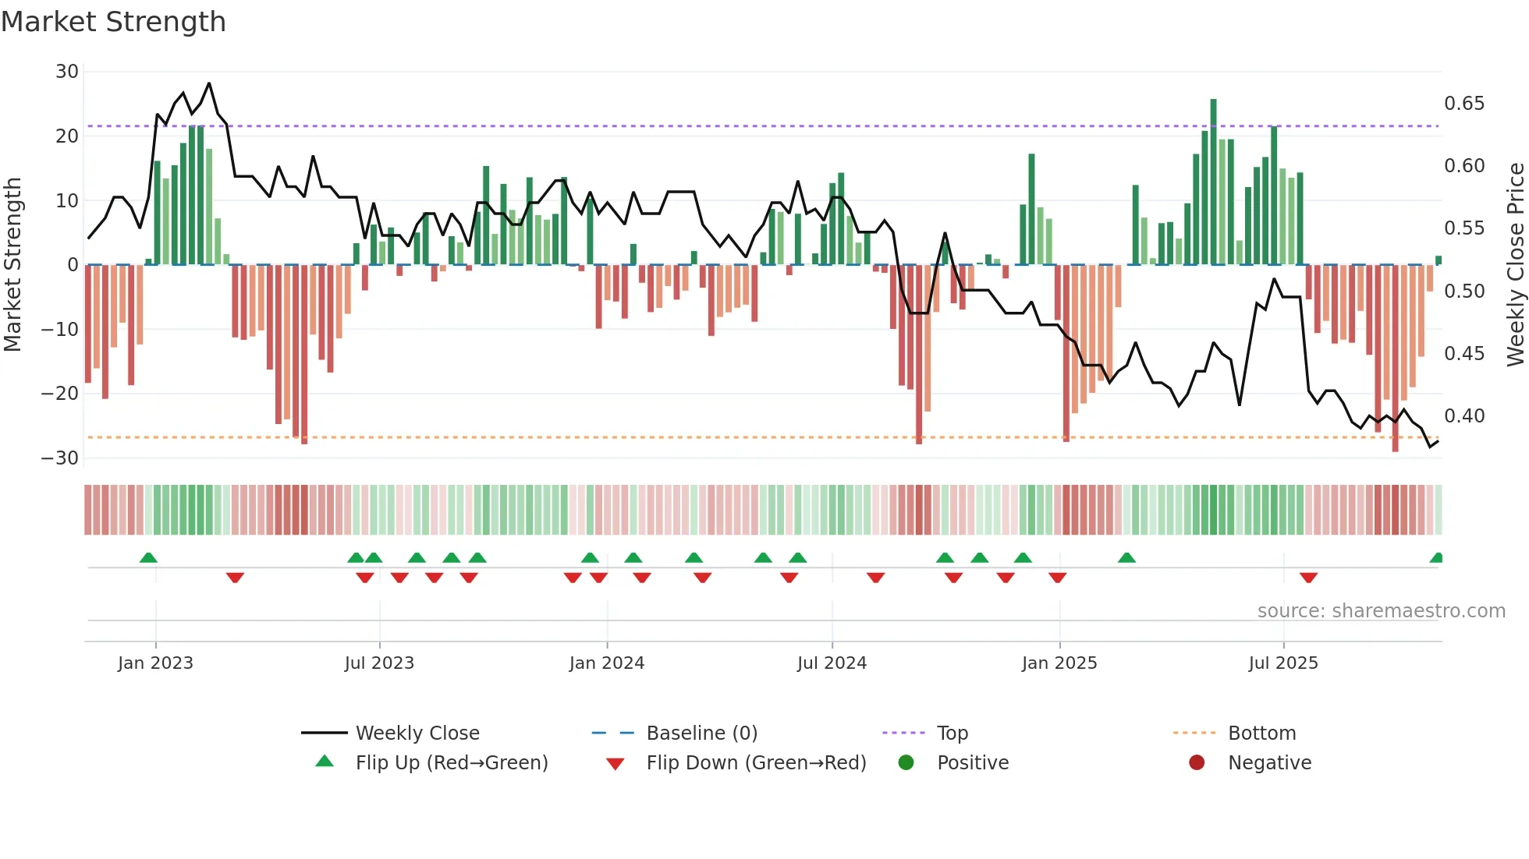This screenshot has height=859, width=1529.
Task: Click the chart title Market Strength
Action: click(x=113, y=22)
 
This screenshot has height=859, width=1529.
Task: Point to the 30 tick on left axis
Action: click(x=67, y=72)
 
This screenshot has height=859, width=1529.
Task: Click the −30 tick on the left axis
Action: click(x=60, y=458)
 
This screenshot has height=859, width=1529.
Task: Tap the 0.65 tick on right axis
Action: click(x=1464, y=104)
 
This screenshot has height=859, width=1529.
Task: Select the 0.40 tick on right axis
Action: click(x=1464, y=416)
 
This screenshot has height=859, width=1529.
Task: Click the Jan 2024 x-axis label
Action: click(x=606, y=663)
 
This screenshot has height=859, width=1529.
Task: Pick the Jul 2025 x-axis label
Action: click(x=1282, y=663)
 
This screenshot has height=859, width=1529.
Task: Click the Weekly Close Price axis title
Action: click(x=1515, y=264)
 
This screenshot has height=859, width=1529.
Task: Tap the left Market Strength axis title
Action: click(x=13, y=264)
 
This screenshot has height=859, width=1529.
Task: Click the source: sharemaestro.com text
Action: click(x=1381, y=611)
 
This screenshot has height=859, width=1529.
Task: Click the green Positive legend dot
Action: click(x=906, y=762)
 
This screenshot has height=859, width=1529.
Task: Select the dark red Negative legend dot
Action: click(x=1197, y=762)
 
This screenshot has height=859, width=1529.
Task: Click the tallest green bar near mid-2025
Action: click(x=1213, y=181)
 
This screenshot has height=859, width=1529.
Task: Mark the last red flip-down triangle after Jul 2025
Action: click(x=1308, y=578)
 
